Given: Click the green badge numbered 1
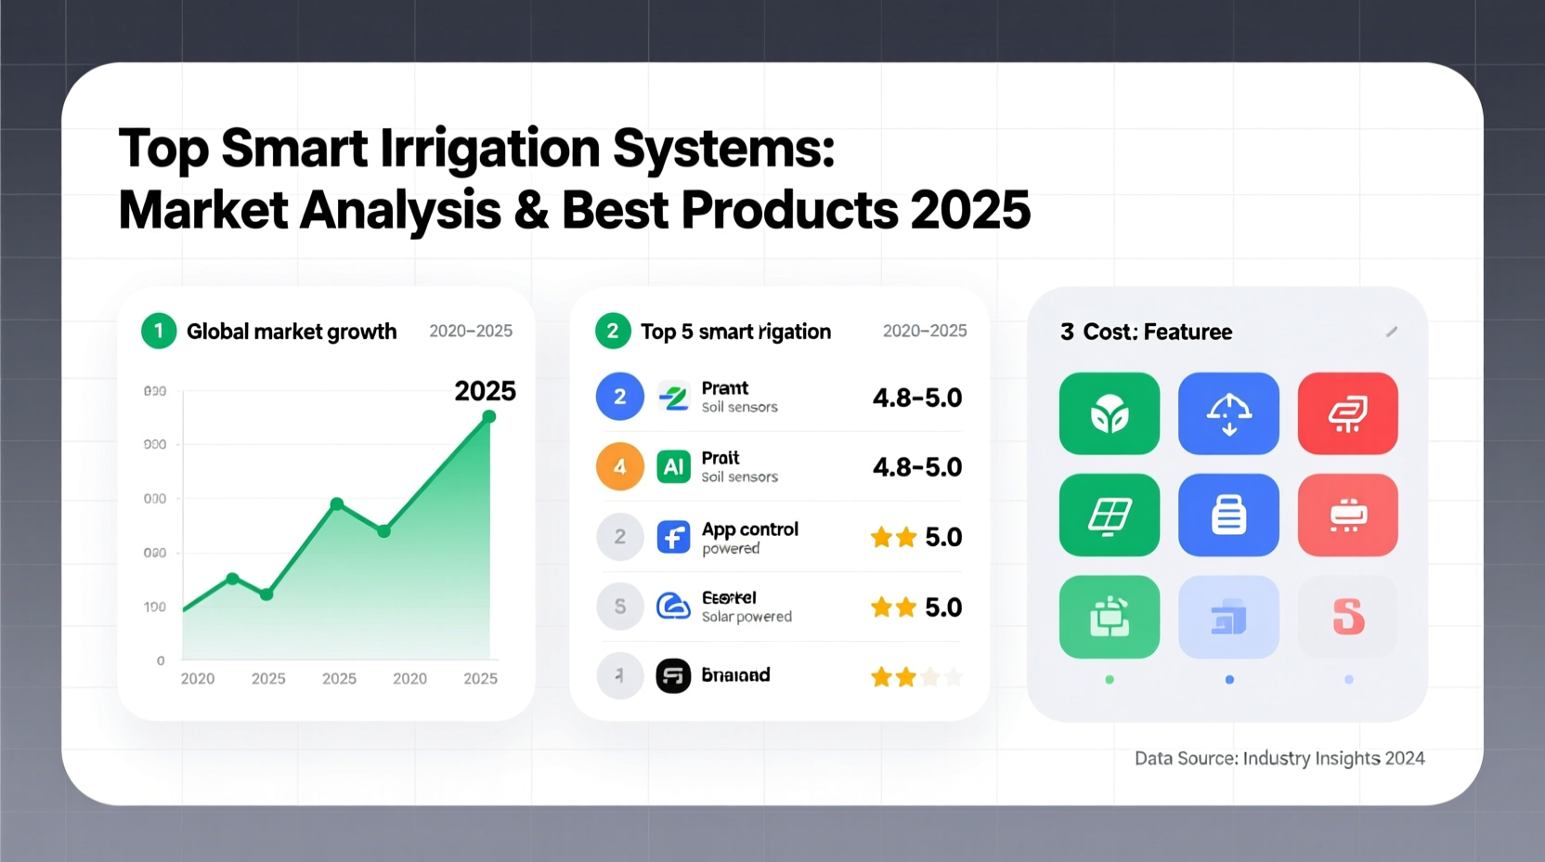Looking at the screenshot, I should (159, 332).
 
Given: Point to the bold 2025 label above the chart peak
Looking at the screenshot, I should (485, 391).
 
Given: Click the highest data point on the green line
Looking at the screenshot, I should (489, 417).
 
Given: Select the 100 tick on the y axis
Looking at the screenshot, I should (155, 607).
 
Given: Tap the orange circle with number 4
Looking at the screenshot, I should (619, 466).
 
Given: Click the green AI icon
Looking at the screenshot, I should (673, 466).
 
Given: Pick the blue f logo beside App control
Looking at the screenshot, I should (673, 537).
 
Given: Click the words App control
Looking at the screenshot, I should (749, 529).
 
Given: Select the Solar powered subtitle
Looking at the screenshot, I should (747, 617).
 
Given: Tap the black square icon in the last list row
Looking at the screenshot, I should (673, 676).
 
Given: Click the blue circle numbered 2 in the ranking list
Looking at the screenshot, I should (619, 397).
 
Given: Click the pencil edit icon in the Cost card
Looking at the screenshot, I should (1391, 332).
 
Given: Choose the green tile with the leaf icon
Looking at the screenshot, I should (1109, 413).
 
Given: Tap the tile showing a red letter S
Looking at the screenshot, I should (1347, 617).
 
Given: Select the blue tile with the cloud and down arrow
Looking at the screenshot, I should (1228, 413).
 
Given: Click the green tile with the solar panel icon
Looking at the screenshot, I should (1109, 516).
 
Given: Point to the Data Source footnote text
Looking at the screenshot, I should (1279, 758).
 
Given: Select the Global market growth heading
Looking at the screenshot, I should (292, 332).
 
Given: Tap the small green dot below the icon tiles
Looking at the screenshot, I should (1110, 680).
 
